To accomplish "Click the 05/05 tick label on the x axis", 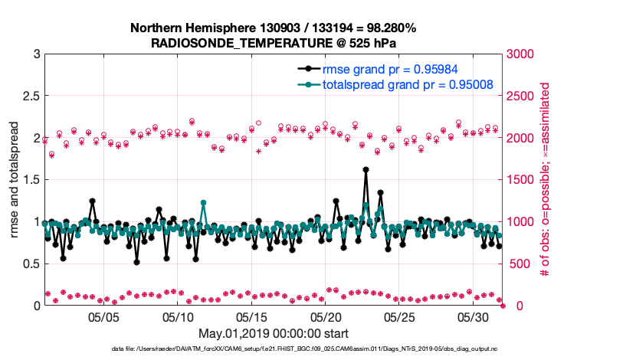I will [103, 317].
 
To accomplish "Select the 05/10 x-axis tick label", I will [178, 317].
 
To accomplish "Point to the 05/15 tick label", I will [251, 317].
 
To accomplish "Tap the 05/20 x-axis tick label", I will [326, 317].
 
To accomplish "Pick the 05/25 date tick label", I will [399, 317].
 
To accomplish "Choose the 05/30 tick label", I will [474, 317].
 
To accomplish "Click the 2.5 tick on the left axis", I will [30, 97].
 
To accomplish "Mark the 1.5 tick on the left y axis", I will [30, 180].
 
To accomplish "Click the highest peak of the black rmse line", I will [366, 169].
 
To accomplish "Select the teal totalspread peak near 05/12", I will [203, 202].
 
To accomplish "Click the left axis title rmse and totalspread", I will [15, 180].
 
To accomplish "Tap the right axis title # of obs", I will [546, 180].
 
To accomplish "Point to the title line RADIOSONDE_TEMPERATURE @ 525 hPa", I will [273, 43].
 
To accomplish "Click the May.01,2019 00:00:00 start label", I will [273, 334].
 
